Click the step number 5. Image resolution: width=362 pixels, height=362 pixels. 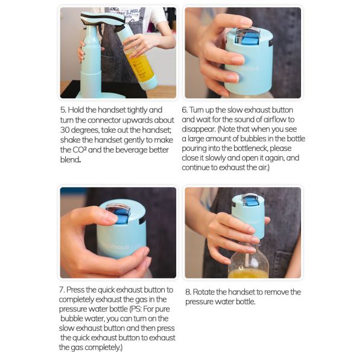coord(63,110)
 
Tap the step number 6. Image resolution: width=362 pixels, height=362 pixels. coord(185,110)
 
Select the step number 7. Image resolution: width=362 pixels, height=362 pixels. coord(62,290)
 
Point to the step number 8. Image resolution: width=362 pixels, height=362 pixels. coord(188,292)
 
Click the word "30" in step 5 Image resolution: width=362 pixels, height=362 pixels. coord(65,130)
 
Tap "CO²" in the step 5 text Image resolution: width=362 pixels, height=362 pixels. coord(80,150)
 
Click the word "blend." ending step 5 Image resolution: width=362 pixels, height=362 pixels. coord(71,159)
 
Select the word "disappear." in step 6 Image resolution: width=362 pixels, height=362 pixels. coord(198,129)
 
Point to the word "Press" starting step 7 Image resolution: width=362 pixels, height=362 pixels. coord(75,290)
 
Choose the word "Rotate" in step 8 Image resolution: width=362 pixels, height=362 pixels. coord(203,292)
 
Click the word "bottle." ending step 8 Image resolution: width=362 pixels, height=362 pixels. coord(246,302)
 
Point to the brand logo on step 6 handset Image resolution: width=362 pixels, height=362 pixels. coord(249,69)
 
